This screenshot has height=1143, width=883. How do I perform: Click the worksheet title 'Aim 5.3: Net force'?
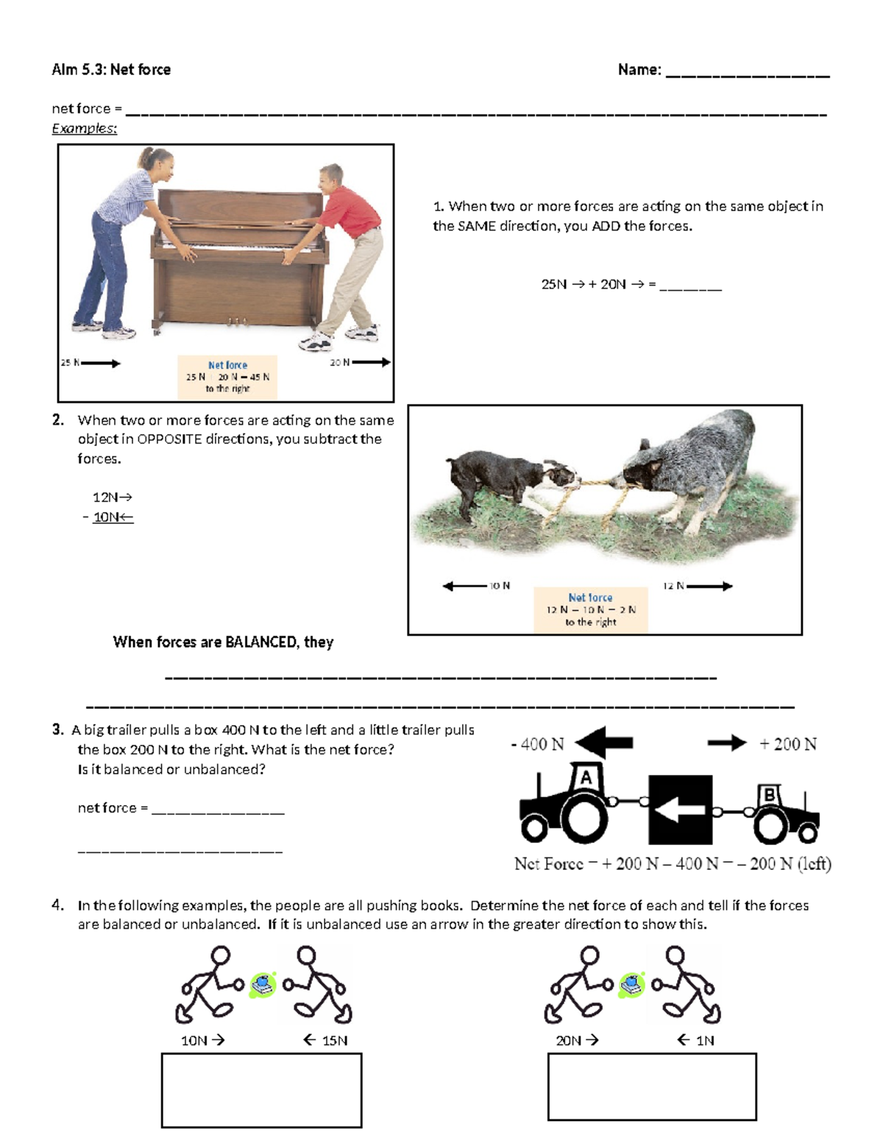coord(111,69)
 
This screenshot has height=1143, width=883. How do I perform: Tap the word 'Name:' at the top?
coord(639,69)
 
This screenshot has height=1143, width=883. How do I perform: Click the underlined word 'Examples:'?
coord(84,128)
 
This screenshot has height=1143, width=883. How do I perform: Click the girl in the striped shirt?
coord(124,243)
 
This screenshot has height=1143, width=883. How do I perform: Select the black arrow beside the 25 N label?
coord(101,363)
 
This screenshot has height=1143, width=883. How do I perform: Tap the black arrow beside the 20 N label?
coord(372,362)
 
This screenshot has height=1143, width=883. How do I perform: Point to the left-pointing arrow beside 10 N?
coord(465,586)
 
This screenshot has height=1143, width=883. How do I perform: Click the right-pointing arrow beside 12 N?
coord(709,586)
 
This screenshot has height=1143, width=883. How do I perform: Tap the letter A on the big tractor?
coord(585,777)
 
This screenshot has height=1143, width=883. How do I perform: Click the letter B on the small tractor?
coord(769,795)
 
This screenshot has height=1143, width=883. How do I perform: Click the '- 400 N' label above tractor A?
coord(537,744)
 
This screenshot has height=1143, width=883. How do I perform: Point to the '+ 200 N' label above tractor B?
coord(788,744)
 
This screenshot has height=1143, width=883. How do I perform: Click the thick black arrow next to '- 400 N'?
coord(603,742)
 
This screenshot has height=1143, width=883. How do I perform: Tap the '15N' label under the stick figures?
coord(335,1041)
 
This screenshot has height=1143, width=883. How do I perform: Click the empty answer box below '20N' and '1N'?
coord(652,1087)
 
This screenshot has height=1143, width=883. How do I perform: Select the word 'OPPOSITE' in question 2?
coord(169,439)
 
